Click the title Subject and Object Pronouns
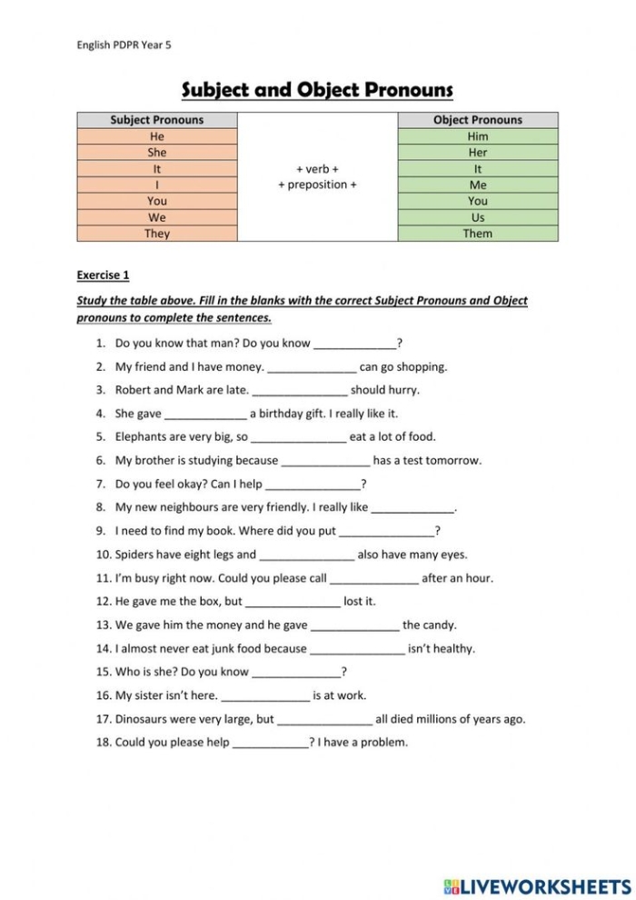[317, 90]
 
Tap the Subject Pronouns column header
[157, 120]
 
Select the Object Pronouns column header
[478, 120]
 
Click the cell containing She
[157, 153]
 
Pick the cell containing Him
[478, 136]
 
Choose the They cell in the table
[157, 234]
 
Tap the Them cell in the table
[478, 234]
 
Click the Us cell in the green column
[478, 217]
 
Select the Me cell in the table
[478, 185]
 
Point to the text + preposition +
[317, 185]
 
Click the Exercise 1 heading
[103, 274]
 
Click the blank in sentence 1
[355, 345]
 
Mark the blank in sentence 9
[387, 532]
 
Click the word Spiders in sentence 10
[136, 554]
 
